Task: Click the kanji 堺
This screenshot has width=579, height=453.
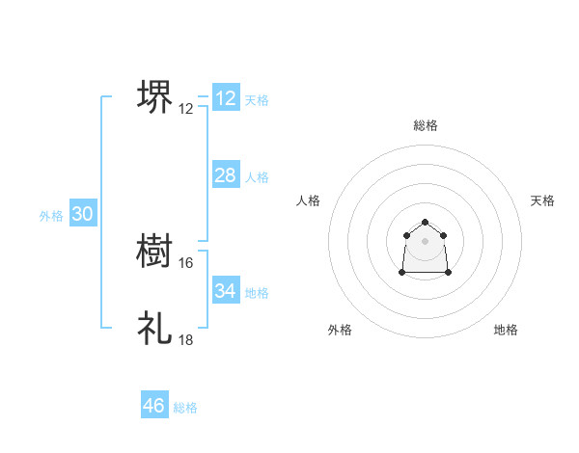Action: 154,97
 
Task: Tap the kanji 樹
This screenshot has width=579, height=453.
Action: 154,253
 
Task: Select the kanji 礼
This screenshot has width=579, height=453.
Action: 154,328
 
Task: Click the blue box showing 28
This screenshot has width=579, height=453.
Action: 225,174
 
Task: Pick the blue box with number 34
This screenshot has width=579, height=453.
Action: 225,290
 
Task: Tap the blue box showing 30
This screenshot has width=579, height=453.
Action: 82,214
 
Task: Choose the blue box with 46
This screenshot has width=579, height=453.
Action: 153,406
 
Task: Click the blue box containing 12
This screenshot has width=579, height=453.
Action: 225,98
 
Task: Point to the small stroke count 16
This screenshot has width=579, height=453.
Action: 186,262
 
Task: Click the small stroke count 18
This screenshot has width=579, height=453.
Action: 186,339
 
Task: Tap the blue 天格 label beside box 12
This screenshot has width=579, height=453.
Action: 257,100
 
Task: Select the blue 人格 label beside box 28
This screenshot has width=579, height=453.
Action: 257,177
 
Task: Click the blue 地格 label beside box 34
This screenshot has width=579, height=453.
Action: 257,293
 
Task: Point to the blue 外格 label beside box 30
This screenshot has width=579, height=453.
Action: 51,217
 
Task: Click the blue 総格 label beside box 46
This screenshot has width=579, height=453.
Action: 185,409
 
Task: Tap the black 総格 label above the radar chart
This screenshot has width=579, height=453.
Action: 425,125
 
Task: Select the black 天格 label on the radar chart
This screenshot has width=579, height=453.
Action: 542,200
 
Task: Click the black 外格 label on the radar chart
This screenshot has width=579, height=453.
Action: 340,330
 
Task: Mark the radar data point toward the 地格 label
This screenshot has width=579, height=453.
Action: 449,273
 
